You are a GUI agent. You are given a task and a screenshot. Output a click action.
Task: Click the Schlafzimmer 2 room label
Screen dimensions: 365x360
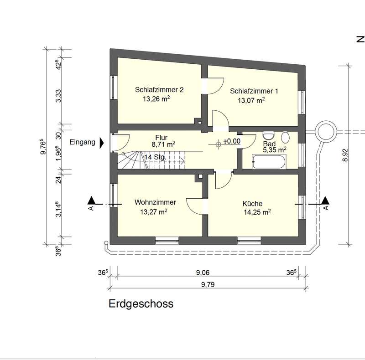tap(159, 89)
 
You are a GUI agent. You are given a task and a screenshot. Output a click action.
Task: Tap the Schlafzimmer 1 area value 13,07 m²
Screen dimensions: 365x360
tap(251, 100)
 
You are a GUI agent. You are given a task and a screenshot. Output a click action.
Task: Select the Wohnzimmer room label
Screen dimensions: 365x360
tap(155, 202)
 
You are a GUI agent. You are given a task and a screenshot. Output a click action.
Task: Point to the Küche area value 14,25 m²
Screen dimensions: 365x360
tap(257, 212)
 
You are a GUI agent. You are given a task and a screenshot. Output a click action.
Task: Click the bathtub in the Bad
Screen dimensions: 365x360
tap(269, 162)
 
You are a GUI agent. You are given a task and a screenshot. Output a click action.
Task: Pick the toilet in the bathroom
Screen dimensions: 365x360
tap(268, 135)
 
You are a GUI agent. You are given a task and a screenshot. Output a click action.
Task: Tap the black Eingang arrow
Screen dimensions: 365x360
tap(102, 143)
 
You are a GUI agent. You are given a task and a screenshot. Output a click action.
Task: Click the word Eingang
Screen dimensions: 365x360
tap(83, 142)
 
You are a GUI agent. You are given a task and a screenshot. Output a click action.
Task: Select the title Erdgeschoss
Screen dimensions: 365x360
tap(141, 303)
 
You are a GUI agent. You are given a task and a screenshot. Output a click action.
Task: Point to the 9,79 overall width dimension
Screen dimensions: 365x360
tap(208, 284)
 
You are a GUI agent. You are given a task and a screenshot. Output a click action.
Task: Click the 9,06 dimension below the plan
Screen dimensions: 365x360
tap(203, 273)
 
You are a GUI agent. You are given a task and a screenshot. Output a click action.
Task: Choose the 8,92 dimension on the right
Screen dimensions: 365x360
tap(345, 155)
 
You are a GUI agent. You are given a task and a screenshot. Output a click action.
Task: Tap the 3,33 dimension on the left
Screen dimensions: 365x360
tap(58, 96)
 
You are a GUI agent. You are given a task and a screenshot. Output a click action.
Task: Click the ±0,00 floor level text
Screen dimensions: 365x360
tap(232, 141)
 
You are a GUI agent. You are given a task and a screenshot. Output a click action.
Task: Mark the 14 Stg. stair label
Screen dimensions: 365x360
tap(155, 157)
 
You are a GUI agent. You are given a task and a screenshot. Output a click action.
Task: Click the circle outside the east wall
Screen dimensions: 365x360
tap(326, 132)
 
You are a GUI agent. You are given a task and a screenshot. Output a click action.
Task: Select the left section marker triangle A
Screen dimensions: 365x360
tap(91, 200)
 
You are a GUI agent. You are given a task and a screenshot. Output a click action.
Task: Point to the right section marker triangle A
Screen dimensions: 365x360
tap(325, 200)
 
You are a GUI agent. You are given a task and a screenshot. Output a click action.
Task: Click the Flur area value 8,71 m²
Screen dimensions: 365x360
tap(163, 144)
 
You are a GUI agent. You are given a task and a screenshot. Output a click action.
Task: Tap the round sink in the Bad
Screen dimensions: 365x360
tap(285, 138)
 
